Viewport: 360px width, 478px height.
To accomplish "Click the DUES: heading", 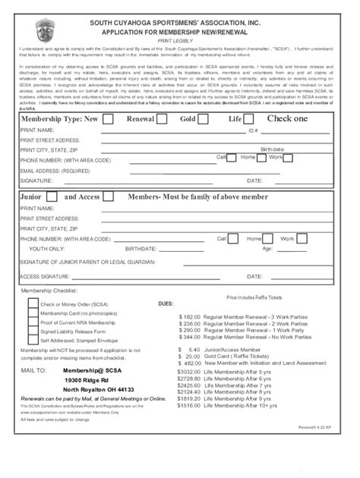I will coord(166,303).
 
